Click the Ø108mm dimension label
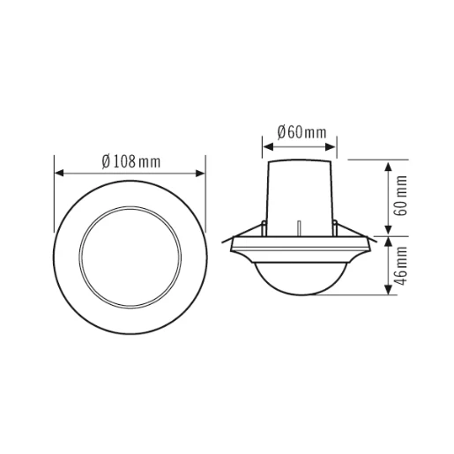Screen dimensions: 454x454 (130, 161)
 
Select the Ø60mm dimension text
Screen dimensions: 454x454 (301, 132)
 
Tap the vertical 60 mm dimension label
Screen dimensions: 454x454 (402, 197)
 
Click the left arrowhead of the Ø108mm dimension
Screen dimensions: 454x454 (59, 173)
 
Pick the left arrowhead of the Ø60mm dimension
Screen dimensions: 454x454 (267, 145)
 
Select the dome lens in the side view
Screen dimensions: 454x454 (300, 278)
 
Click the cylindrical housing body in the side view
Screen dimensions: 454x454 (300, 194)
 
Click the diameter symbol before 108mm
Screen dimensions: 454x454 (105, 161)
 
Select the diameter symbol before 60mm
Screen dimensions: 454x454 (280, 132)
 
